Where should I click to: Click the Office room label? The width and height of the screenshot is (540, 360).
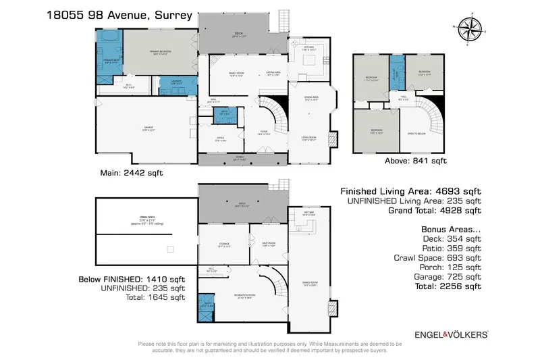(220, 140)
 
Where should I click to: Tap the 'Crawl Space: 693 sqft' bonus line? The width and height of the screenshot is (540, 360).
(437, 257)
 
